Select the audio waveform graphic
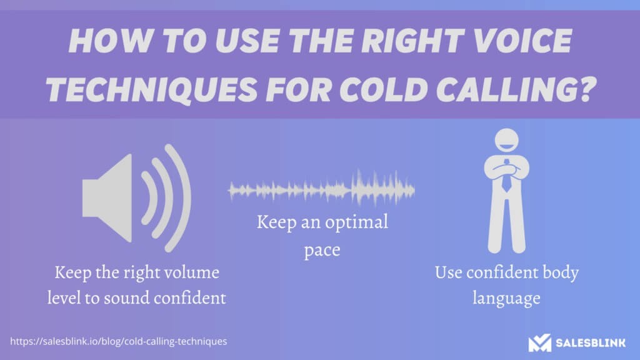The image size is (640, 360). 322,188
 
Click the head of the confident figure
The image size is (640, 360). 507,142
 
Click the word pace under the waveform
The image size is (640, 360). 322,250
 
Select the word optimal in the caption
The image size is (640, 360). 358,222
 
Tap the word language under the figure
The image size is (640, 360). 506,298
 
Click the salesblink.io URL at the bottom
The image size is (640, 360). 118,342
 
